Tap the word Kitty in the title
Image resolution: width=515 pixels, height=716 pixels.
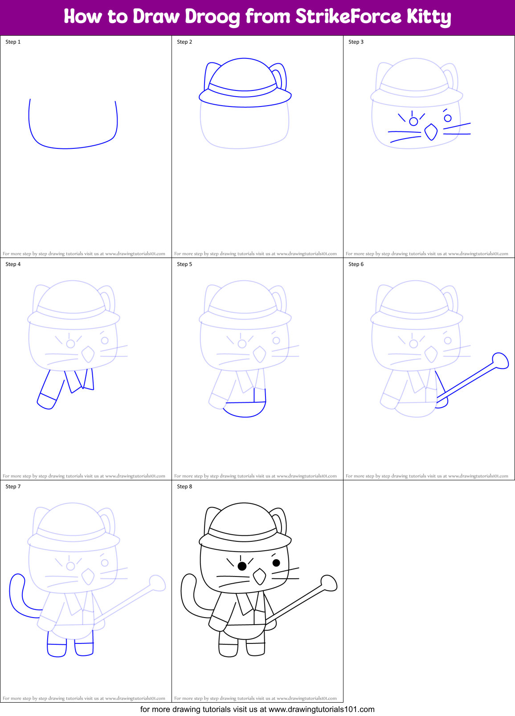429,16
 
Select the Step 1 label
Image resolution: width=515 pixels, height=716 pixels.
13,42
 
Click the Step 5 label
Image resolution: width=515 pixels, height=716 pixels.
184,264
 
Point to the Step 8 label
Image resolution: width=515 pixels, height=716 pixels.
184,487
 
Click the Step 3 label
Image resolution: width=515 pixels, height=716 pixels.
356,42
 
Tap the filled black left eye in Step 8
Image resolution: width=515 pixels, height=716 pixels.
242,566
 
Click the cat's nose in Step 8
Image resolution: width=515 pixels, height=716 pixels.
259,577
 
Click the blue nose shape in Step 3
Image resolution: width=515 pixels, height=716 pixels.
431,132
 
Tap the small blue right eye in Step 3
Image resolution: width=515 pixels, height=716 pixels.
448,118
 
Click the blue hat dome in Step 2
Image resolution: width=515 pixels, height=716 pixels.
244,71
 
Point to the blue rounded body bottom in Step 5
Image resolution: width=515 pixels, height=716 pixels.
244,412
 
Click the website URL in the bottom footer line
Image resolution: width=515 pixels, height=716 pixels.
321,709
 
